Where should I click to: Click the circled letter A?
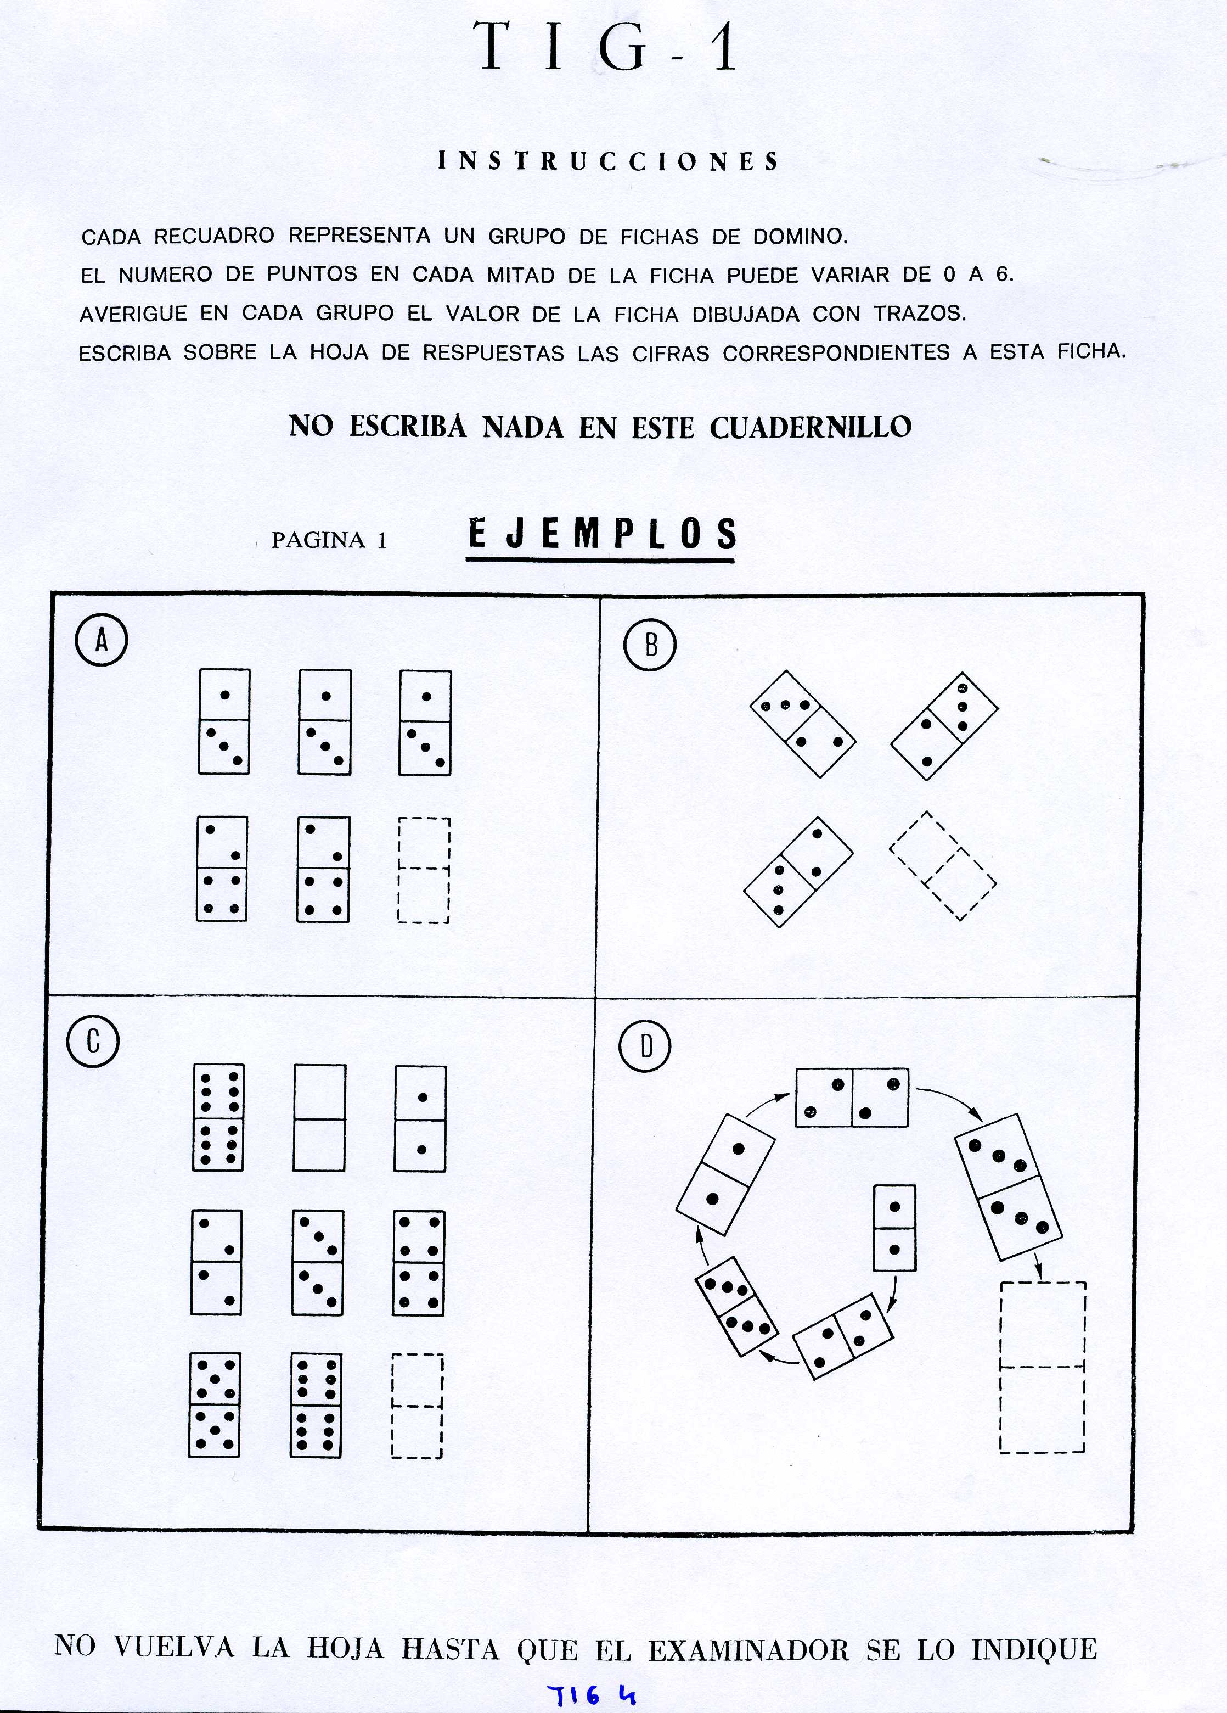pyautogui.click(x=101, y=641)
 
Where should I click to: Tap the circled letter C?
pyautogui.click(x=93, y=1042)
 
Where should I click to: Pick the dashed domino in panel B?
pyautogui.click(x=942, y=866)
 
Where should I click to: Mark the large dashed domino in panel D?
pyautogui.click(x=1042, y=1367)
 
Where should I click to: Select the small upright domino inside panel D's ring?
pyautogui.click(x=894, y=1227)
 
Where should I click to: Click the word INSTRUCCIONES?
pyautogui.click(x=609, y=161)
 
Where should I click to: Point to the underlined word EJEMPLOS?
pyautogui.click(x=602, y=534)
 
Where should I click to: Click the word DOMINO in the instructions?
pyautogui.click(x=801, y=237)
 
